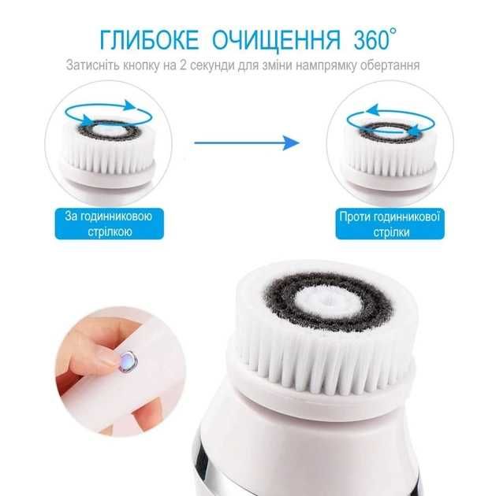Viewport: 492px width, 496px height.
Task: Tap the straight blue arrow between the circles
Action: (x=247, y=143)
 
